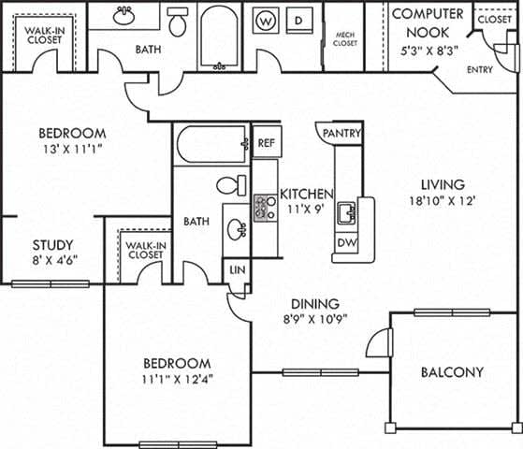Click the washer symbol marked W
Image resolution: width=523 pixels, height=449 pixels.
point(266,20)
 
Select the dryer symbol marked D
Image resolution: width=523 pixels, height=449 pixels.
point(298,20)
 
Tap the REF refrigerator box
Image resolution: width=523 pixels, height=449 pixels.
point(267,143)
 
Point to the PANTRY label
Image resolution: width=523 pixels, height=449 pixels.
point(341,134)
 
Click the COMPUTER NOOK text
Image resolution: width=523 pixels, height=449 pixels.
point(427,22)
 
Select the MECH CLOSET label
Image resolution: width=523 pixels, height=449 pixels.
point(344,37)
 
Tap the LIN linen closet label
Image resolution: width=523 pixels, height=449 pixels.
point(236,270)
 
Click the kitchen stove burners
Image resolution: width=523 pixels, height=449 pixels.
point(263,208)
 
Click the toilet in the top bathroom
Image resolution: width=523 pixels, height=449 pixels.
point(178,20)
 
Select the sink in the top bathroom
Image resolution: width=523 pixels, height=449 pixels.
point(123,16)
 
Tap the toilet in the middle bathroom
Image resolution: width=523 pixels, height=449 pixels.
point(229,185)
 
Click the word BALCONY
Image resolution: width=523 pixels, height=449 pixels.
point(452,371)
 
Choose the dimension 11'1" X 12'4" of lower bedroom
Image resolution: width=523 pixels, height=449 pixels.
point(176,380)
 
